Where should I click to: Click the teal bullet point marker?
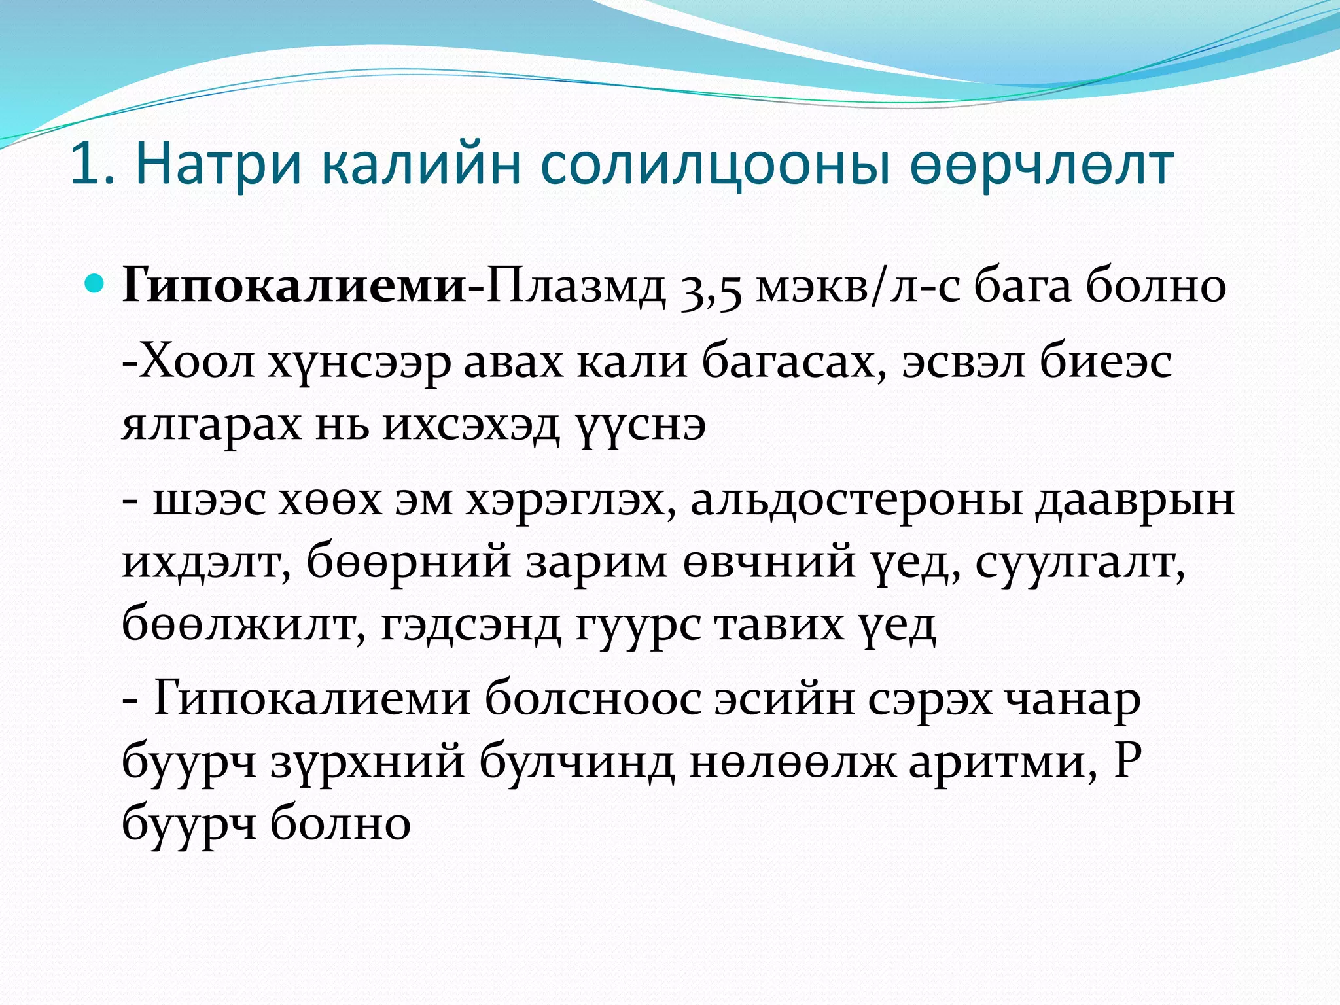click(x=95, y=283)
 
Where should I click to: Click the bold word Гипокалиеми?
click(x=293, y=286)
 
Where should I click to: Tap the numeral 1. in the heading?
click(x=92, y=165)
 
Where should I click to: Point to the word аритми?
click(x=1002, y=762)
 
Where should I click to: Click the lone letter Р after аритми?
click(x=1127, y=760)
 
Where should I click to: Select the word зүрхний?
click(x=367, y=762)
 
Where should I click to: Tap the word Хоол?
click(x=196, y=362)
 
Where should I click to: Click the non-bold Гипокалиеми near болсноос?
click(x=311, y=698)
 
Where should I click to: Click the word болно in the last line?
click(x=340, y=823)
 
